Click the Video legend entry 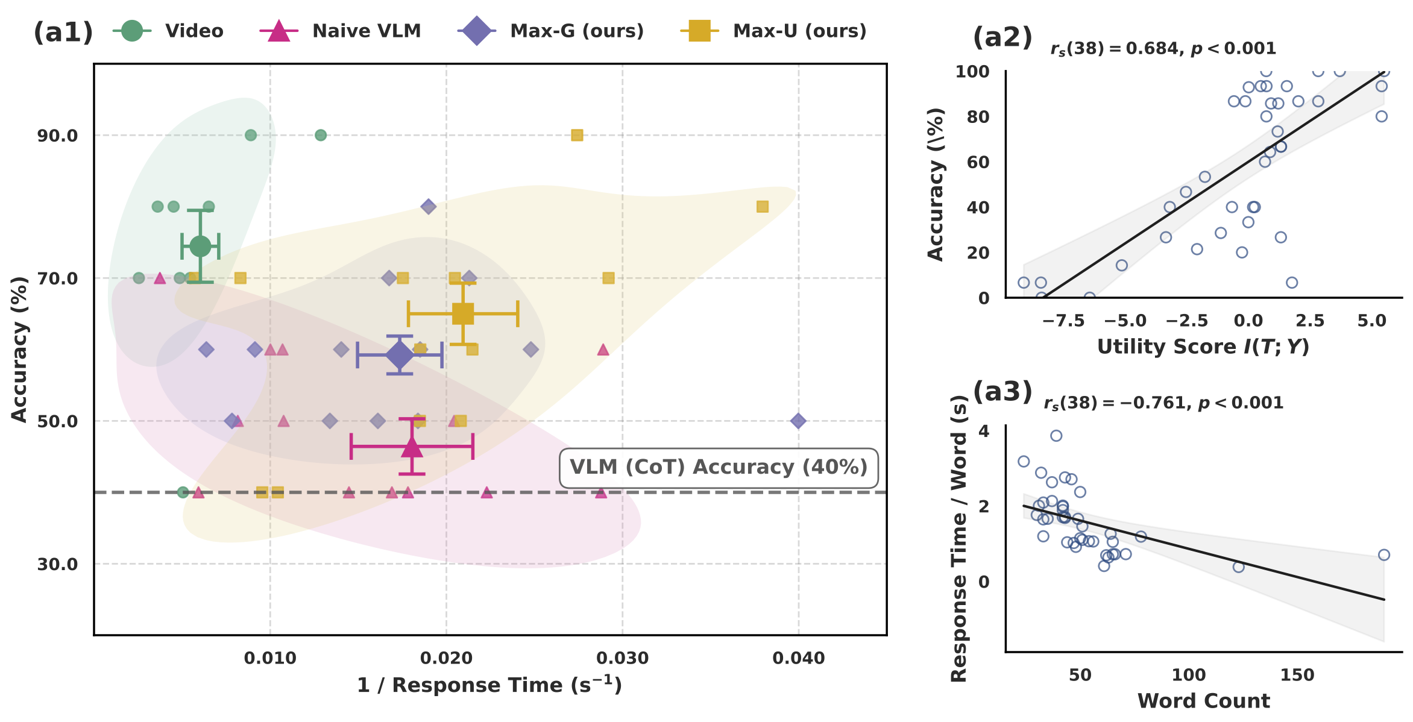[169, 31]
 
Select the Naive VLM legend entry [341, 31]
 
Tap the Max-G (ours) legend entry [551, 31]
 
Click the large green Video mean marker [200, 246]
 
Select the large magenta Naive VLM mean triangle [412, 447]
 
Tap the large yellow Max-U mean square [463, 313]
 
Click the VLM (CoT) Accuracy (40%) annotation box [719, 468]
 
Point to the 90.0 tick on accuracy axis [58, 136]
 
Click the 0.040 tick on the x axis [799, 658]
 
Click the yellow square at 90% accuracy [577, 135]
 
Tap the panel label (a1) [63, 32]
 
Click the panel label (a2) [1002, 37]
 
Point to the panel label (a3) [1002, 392]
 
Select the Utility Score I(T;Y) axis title [1203, 347]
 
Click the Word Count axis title [1203, 701]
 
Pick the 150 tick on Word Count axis [1297, 675]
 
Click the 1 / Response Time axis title [489, 685]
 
